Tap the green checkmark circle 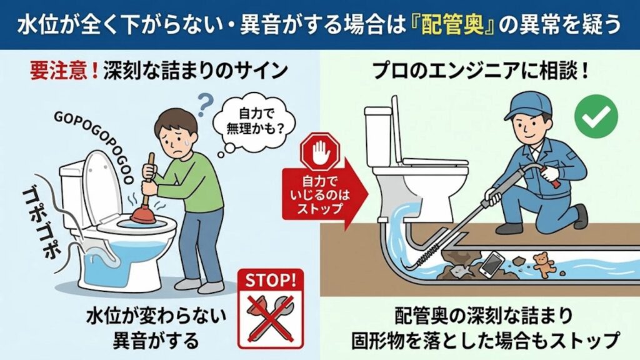click(596, 117)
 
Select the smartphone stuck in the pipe click(492, 264)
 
